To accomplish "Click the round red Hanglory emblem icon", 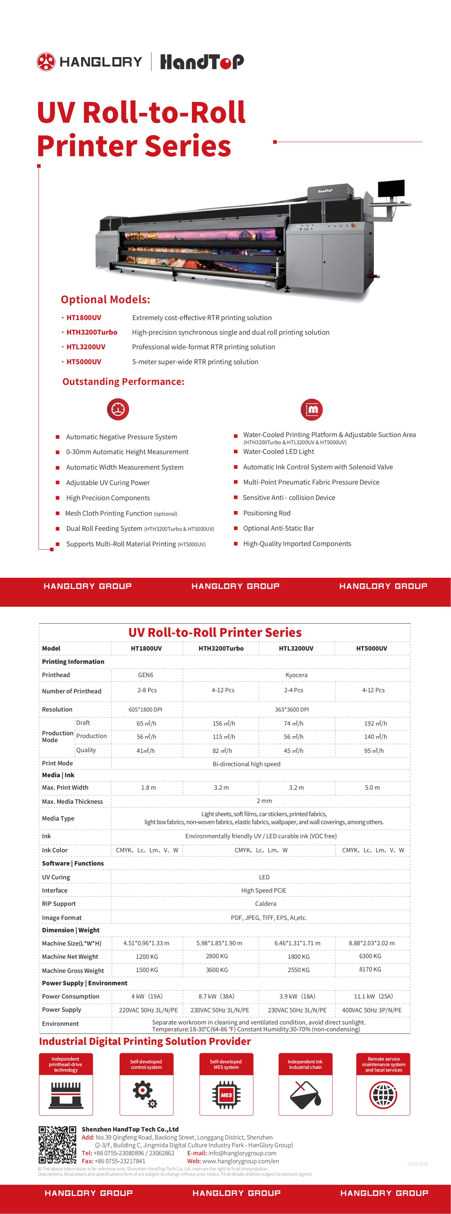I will tap(46, 62).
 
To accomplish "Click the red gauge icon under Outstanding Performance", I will tap(118, 409).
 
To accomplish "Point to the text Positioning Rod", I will tap(267, 513).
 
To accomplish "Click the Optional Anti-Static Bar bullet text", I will tap(278, 528).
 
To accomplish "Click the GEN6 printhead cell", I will tap(145, 675).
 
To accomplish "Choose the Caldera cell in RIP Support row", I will tap(266, 903).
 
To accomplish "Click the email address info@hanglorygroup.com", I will tap(242, 1153).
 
